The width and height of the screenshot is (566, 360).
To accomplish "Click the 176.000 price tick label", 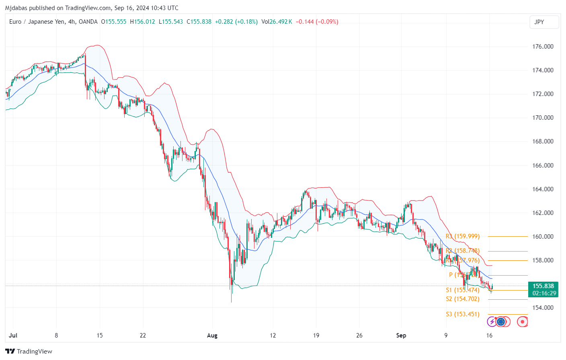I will click(543, 47).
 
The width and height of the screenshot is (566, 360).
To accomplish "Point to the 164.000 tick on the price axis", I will click(543, 189).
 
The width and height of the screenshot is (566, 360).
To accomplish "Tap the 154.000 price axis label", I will click(543, 308).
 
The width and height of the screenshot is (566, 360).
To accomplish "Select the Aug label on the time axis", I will click(212, 335).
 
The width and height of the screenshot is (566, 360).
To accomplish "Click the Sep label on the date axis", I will click(401, 335).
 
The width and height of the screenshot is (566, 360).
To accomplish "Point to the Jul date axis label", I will click(13, 335).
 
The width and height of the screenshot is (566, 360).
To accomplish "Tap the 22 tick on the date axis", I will click(143, 335).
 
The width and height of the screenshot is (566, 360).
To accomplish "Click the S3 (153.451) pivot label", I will click(463, 314).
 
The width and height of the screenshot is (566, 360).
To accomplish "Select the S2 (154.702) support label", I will click(463, 299).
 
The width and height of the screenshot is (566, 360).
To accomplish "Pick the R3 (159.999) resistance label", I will click(463, 236).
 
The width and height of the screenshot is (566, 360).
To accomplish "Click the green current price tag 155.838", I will click(543, 286).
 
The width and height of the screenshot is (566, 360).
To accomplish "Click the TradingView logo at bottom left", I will click(29, 352).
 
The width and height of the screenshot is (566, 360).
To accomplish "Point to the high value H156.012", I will click(143, 22).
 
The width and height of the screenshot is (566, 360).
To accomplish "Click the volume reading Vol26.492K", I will click(277, 22).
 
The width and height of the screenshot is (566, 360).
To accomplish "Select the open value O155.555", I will click(114, 22).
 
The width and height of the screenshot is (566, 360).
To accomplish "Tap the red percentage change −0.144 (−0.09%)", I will click(317, 22).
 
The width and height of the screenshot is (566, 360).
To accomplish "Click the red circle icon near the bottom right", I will click(522, 321).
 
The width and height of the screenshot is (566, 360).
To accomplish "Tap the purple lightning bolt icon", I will click(492, 321).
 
